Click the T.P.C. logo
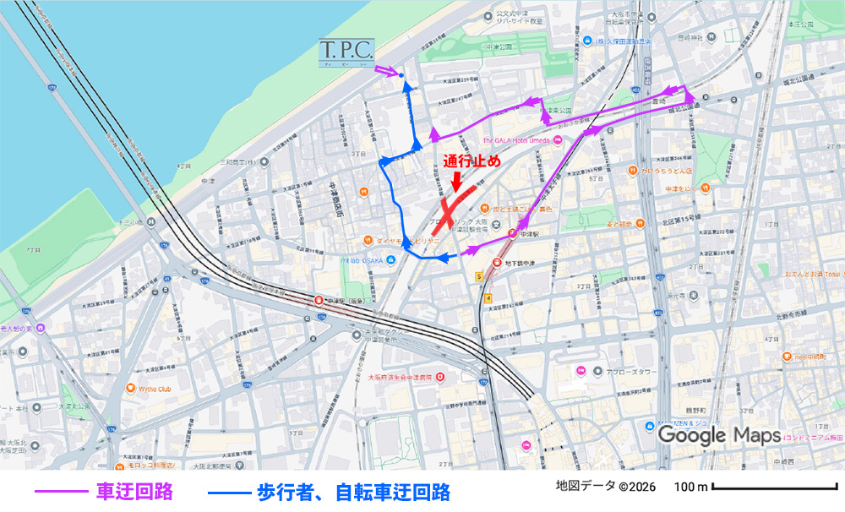pos(347,54)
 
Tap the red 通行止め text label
pos(472,161)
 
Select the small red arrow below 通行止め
pos(457,180)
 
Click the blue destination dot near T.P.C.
pos(401,77)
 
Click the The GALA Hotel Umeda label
pos(515,140)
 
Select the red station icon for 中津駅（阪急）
pos(319,299)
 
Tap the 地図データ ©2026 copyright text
pos(605,487)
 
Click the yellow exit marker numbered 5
pos(478,276)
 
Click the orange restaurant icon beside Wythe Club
pos(130,389)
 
